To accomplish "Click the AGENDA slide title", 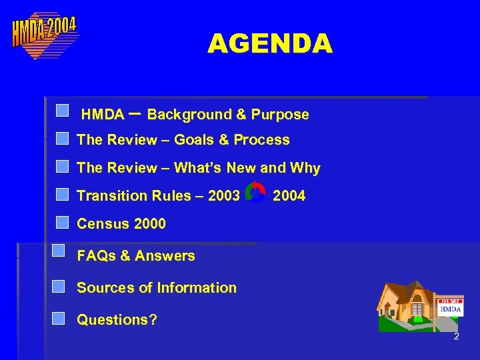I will [269, 44].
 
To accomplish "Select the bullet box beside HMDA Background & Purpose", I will [62, 111].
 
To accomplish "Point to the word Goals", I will [194, 140].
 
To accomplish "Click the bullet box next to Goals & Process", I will [62, 139].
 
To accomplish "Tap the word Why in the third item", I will [305, 168].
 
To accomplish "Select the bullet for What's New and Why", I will [62, 167].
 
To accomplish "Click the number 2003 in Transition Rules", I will [223, 196].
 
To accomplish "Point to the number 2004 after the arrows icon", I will [289, 196].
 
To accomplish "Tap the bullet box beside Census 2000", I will [62, 223].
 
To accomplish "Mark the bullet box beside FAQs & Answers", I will [58, 251].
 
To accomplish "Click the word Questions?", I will [117, 320].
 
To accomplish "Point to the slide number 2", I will [456, 337].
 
